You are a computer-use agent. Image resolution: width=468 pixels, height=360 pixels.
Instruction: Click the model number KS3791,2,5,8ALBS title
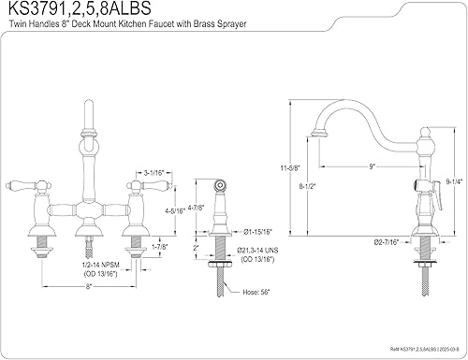(80, 8)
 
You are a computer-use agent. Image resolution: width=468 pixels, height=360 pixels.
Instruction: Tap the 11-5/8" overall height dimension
(290, 168)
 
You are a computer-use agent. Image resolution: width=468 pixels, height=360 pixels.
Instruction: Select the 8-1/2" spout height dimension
(308, 186)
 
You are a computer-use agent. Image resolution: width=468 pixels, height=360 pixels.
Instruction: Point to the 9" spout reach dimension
(372, 166)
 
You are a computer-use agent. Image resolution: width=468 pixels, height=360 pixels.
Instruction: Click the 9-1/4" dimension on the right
(454, 181)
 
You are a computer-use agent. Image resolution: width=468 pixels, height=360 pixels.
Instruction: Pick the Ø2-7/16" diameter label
(387, 242)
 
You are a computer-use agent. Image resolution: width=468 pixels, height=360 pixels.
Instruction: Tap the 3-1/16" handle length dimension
(154, 173)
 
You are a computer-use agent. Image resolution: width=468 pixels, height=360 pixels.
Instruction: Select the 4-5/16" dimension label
(175, 210)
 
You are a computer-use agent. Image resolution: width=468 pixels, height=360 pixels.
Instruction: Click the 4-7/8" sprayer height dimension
(196, 208)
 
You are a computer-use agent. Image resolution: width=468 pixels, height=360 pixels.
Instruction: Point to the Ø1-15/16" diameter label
(257, 232)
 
